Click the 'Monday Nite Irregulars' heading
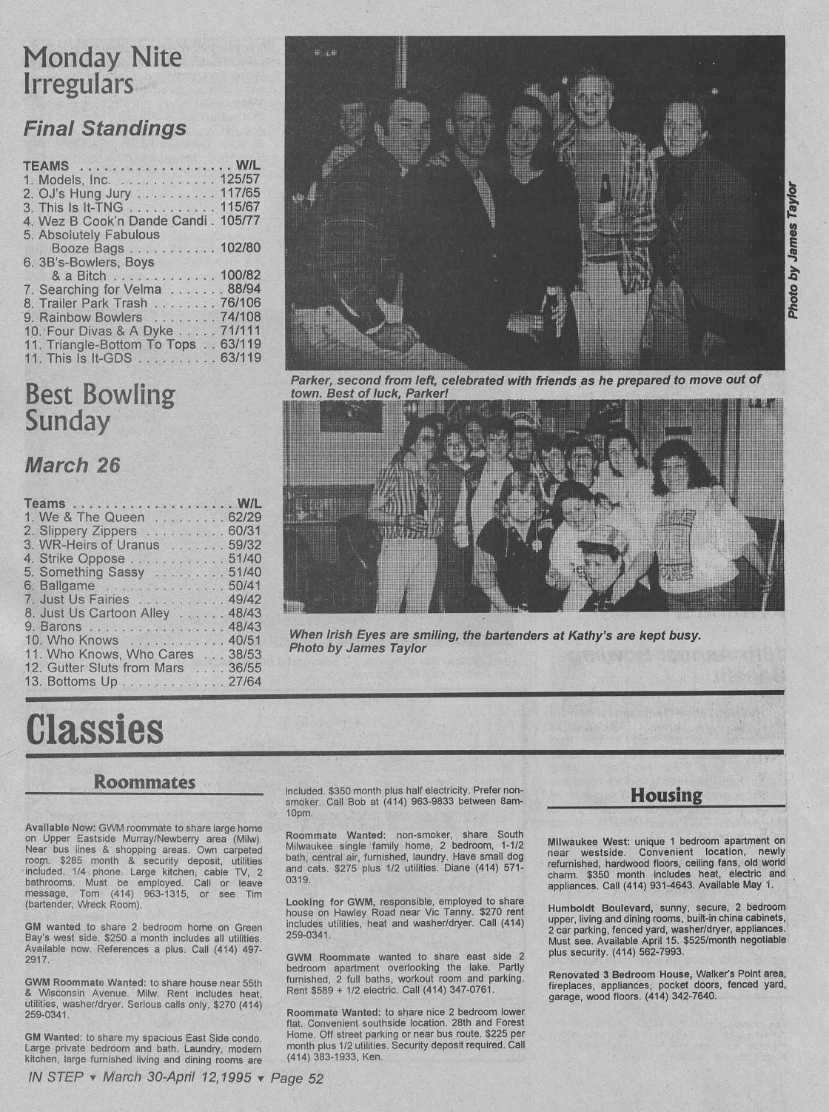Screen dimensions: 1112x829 (102, 71)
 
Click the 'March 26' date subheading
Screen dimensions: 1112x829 (72, 466)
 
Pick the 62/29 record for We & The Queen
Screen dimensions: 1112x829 (244, 518)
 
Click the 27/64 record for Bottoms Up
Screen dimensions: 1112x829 (244, 681)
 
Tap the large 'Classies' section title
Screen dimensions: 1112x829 (94, 729)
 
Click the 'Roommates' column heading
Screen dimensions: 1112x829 (144, 783)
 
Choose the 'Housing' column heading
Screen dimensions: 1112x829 (666, 795)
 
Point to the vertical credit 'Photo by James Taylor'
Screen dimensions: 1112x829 (793, 250)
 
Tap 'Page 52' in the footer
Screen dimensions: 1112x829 (297, 1078)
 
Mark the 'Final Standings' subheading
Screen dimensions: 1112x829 (104, 129)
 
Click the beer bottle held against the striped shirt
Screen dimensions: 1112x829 (605, 190)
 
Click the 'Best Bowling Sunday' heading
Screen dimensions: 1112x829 (99, 407)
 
